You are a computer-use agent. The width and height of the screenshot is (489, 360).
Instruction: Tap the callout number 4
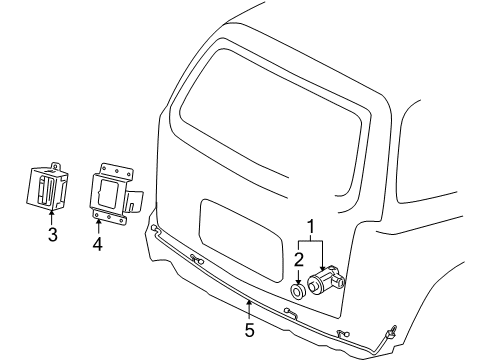(98, 243)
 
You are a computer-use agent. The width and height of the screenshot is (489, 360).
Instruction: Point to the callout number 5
(249, 328)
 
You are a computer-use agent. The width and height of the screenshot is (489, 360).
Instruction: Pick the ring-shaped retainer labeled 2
(298, 293)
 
